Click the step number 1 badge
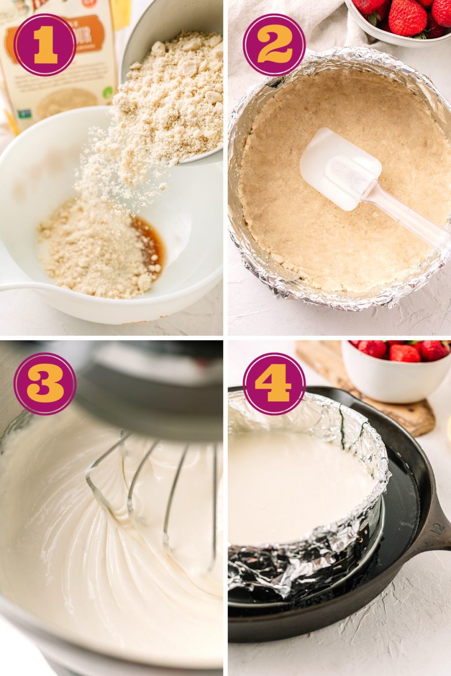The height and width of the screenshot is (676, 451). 44,44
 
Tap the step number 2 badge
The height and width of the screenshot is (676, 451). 274,44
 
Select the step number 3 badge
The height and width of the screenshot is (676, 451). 44,383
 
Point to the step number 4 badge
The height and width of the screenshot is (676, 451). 274,383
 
